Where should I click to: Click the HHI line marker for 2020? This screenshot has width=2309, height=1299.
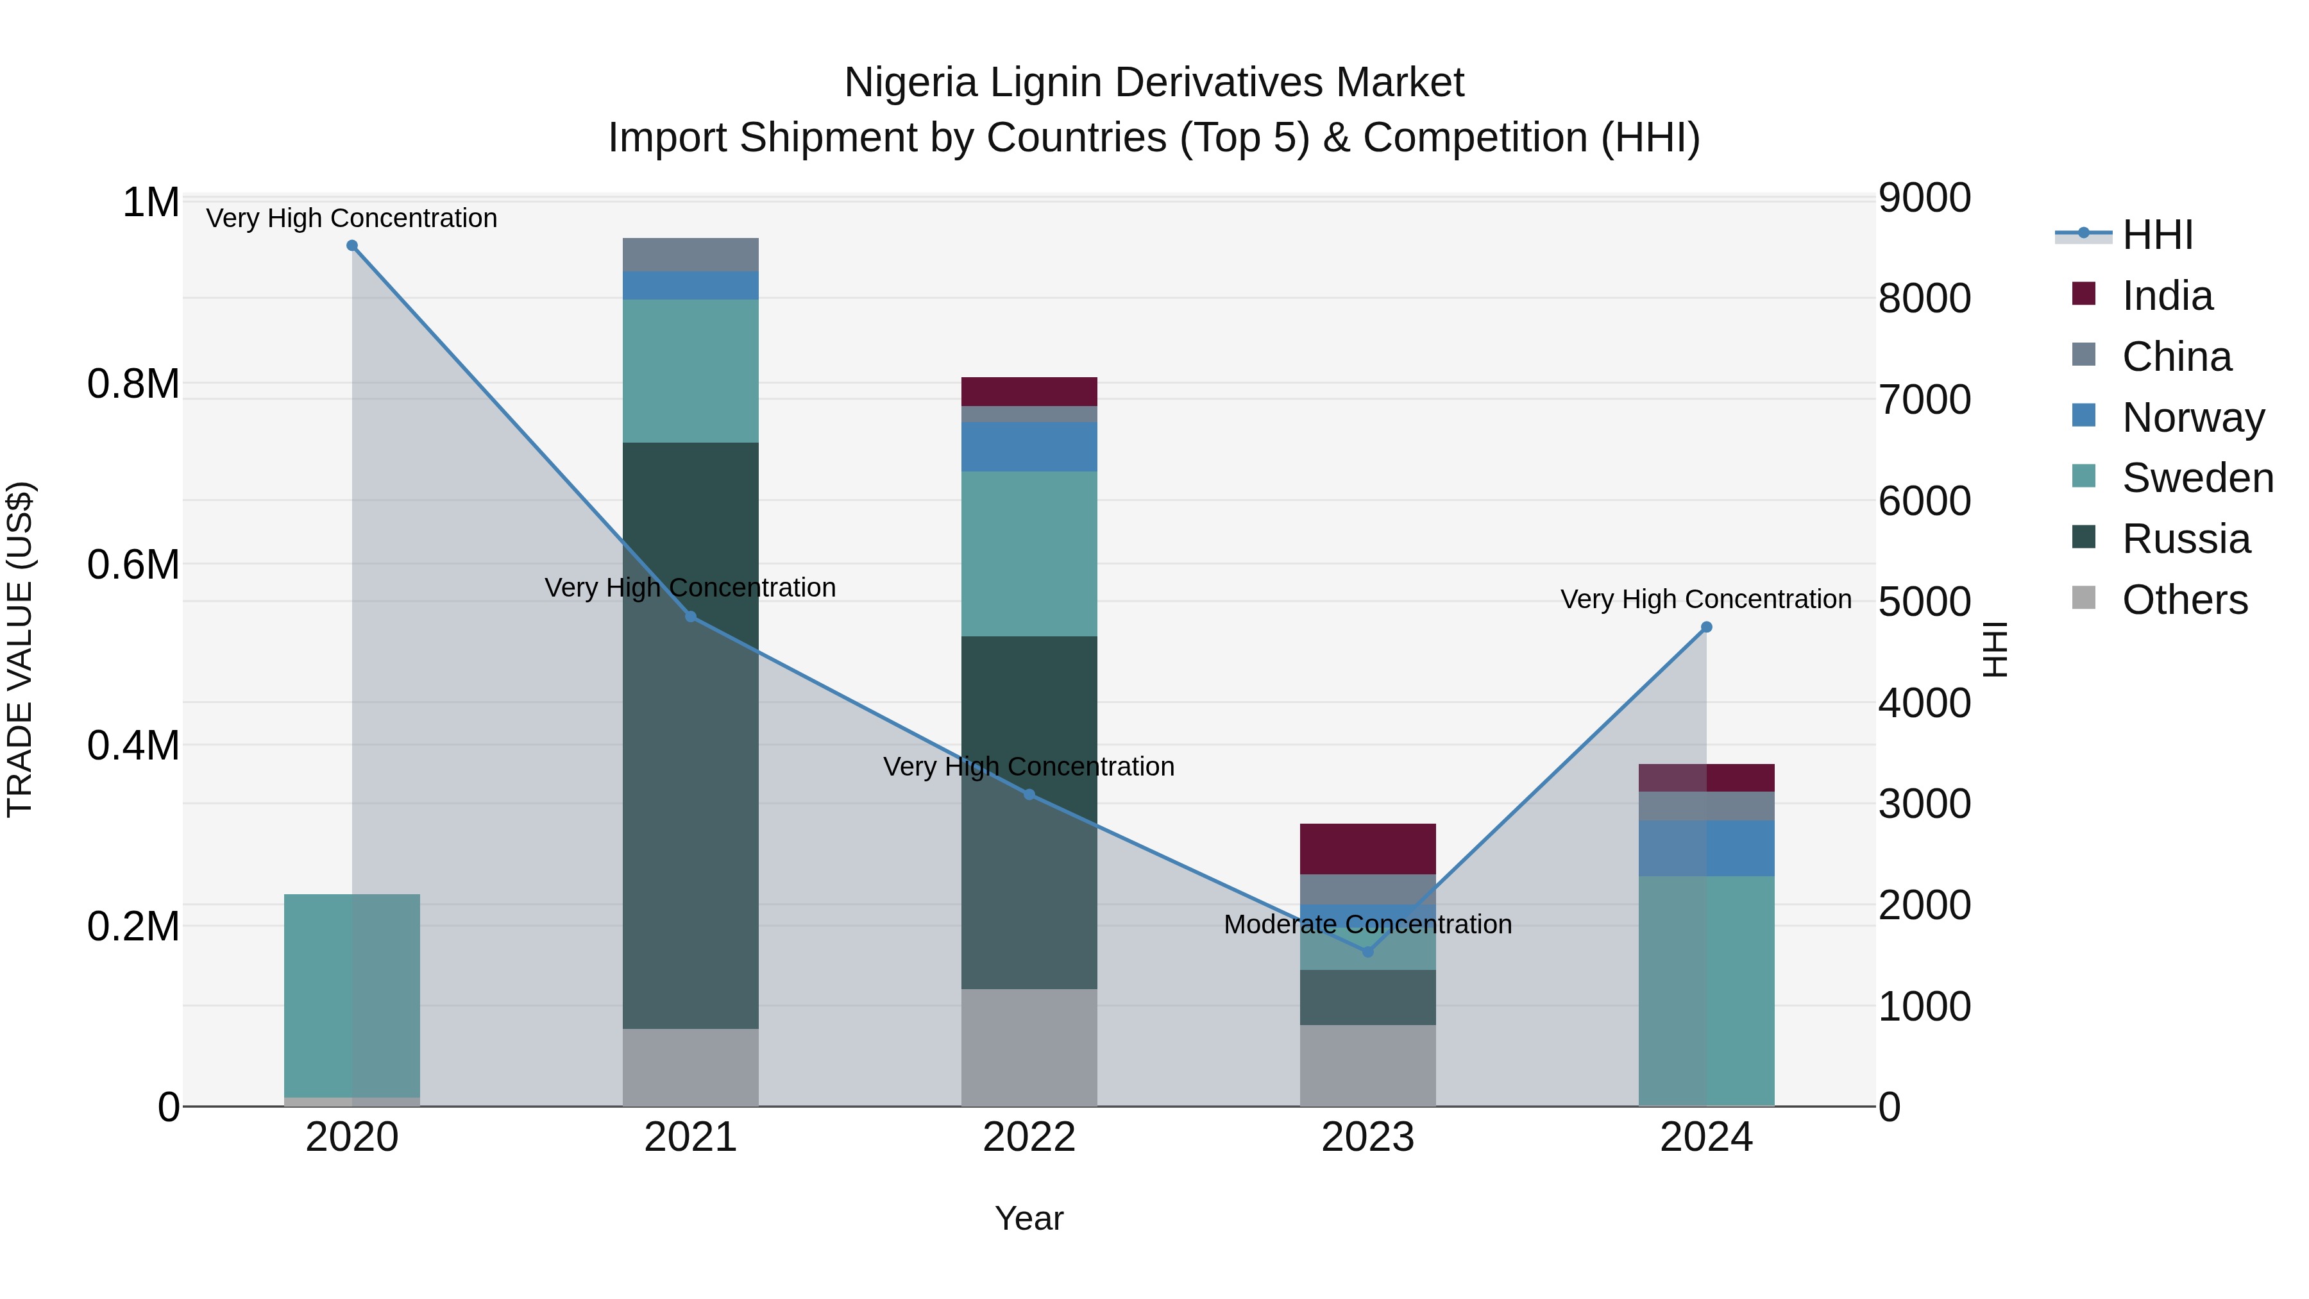pyautogui.click(x=352, y=246)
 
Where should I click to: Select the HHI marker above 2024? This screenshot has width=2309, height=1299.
pyautogui.click(x=1705, y=627)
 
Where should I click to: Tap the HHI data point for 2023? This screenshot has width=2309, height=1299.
pyautogui.click(x=1368, y=952)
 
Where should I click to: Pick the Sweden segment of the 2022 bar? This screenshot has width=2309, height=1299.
pyautogui.click(x=1029, y=553)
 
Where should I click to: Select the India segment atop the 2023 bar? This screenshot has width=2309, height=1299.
pyautogui.click(x=1368, y=848)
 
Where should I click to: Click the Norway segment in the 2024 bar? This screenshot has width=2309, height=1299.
pyautogui.click(x=1705, y=848)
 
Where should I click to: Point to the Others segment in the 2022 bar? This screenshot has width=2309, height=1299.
pyautogui.click(x=1029, y=1047)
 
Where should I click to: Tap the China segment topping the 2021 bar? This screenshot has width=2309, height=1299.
pyautogui.click(x=690, y=255)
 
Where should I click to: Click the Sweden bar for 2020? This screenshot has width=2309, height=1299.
pyautogui.click(x=351, y=995)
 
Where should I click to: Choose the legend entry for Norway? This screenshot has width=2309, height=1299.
pyautogui.click(x=2194, y=418)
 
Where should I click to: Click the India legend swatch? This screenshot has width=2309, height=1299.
pyautogui.click(x=2083, y=294)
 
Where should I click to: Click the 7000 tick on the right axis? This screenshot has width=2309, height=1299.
pyautogui.click(x=1924, y=400)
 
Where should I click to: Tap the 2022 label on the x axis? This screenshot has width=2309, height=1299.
pyautogui.click(x=1029, y=1137)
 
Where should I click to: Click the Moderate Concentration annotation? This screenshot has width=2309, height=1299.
pyautogui.click(x=1368, y=924)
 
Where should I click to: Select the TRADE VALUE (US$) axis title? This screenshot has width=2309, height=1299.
pyautogui.click(x=20, y=649)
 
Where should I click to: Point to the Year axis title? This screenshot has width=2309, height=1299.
pyautogui.click(x=1029, y=1218)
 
